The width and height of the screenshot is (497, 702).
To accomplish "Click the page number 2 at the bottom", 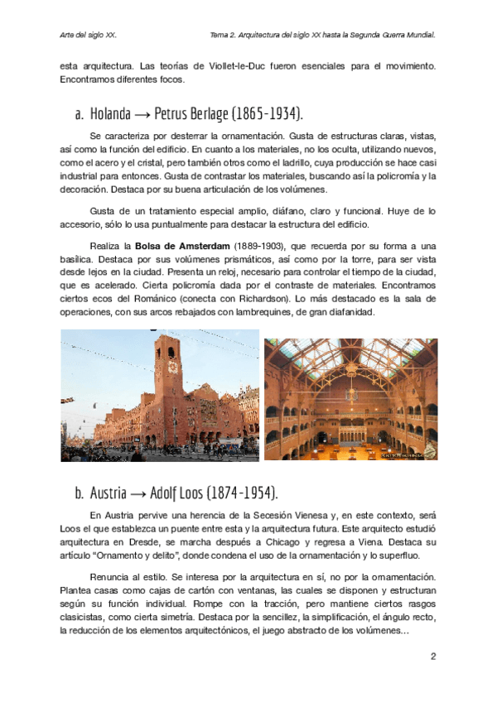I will (x=432, y=656).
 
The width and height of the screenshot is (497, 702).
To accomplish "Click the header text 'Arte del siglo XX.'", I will (x=89, y=36).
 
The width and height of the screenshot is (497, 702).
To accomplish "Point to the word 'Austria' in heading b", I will (x=110, y=493).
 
